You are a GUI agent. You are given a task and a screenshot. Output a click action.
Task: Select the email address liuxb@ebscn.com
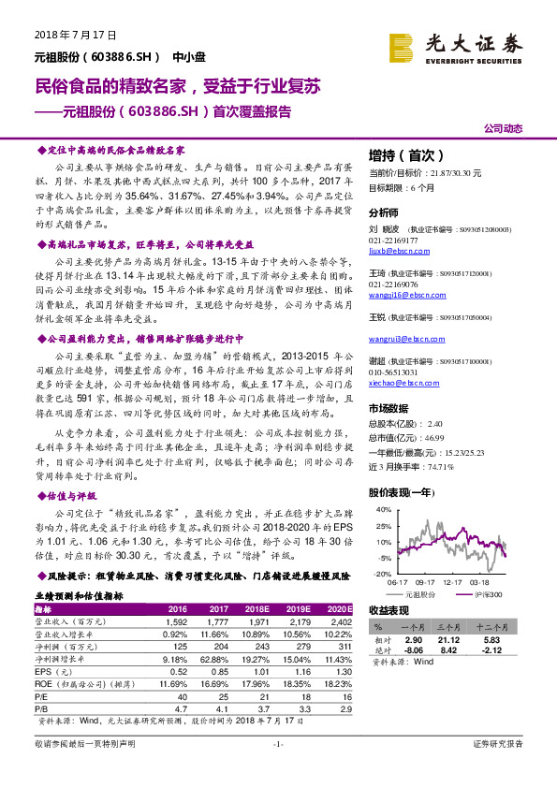(396, 252)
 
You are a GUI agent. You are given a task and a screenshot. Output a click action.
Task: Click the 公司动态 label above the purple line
(503, 128)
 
